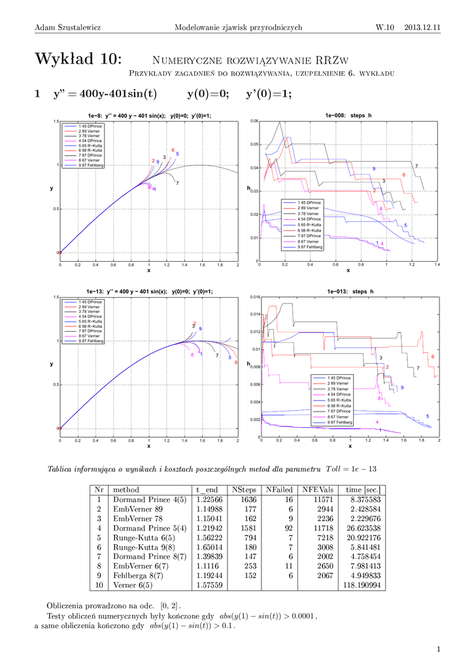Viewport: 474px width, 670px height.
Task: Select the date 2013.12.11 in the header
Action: tap(422, 27)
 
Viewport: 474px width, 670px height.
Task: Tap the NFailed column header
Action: tap(279, 489)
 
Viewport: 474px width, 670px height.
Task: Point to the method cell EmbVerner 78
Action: tap(137, 518)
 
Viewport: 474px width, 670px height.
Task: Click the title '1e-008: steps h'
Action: tap(349, 115)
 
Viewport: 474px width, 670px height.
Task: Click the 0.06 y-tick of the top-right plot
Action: tap(255, 121)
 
